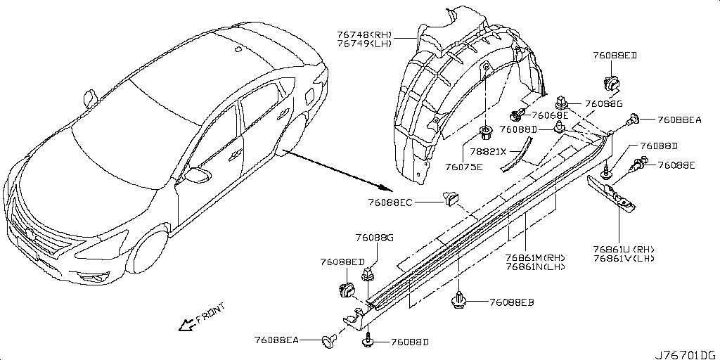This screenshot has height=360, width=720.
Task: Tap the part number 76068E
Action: (x=549, y=115)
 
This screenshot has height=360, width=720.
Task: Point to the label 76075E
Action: (x=464, y=167)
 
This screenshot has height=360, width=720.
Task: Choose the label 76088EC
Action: (x=390, y=202)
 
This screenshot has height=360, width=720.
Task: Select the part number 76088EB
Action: (x=513, y=302)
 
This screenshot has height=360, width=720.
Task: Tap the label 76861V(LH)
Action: (x=623, y=259)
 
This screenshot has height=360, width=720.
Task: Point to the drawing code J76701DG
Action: (x=686, y=354)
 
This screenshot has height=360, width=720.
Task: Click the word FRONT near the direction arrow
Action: (x=210, y=313)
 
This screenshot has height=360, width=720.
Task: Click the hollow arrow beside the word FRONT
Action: (x=186, y=324)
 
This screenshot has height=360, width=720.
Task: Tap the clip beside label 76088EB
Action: (x=458, y=301)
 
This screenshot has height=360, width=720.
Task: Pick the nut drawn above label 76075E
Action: (x=485, y=132)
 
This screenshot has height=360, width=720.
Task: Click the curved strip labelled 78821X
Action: (x=517, y=155)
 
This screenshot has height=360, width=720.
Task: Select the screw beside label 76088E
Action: (x=641, y=166)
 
